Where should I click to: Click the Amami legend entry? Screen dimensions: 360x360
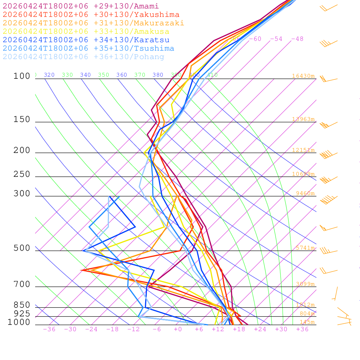pyautogui.click(x=81, y=6)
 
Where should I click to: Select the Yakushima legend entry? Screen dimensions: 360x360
pyautogui.click(x=91, y=15)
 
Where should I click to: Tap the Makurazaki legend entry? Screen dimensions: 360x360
pyautogui.click(x=94, y=23)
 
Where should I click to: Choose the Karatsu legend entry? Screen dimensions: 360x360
pyautogui.click(x=86, y=40)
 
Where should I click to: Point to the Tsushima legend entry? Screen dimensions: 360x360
pyautogui.click(x=88, y=49)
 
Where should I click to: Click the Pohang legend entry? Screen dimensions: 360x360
pyautogui.click(x=83, y=57)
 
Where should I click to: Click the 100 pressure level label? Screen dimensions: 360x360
pyautogui.click(x=22, y=76)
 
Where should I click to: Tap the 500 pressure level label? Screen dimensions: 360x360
pyautogui.click(x=22, y=249)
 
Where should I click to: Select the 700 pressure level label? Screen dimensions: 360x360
pyautogui.click(x=22, y=284)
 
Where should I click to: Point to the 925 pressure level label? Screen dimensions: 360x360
pyautogui.click(x=22, y=314)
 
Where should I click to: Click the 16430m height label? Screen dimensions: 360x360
pyautogui.click(x=303, y=76)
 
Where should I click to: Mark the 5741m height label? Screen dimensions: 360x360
pyautogui.click(x=305, y=248)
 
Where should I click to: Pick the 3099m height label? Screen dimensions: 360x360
pyautogui.click(x=305, y=284)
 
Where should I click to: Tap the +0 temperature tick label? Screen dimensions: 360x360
pyautogui.click(x=178, y=329)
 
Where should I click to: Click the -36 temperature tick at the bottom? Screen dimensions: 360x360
pyautogui.click(x=49, y=329)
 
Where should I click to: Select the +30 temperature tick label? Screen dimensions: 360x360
pyautogui.click(x=281, y=329)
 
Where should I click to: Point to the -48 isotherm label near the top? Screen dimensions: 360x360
pyautogui.click(x=297, y=39)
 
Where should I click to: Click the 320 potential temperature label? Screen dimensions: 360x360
pyautogui.click(x=49, y=75)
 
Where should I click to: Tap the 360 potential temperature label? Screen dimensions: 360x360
pyautogui.click(x=122, y=75)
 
